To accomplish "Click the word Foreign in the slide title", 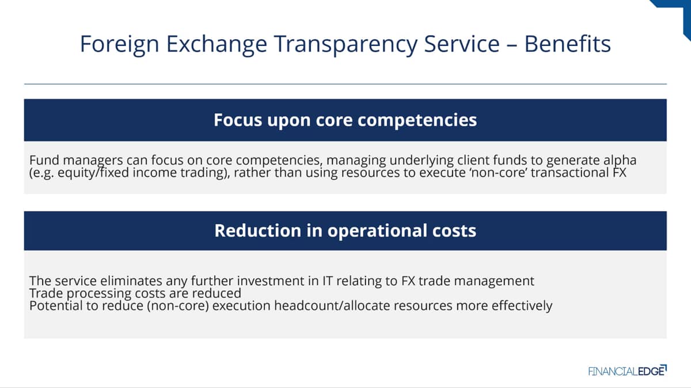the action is pos(119,44).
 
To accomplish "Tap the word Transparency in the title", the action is pos(345,45).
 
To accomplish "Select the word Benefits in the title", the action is pos(567,44).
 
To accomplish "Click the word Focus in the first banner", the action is pos(237,120).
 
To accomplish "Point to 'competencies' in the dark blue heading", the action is pos(417,121).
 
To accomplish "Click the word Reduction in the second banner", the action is pos(257,231).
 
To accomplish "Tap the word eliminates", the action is pos(131,281).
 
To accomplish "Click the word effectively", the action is pos(522,306).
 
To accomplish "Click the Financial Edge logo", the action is pos(628,370).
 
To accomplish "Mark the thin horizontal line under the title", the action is pos(345,84).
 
